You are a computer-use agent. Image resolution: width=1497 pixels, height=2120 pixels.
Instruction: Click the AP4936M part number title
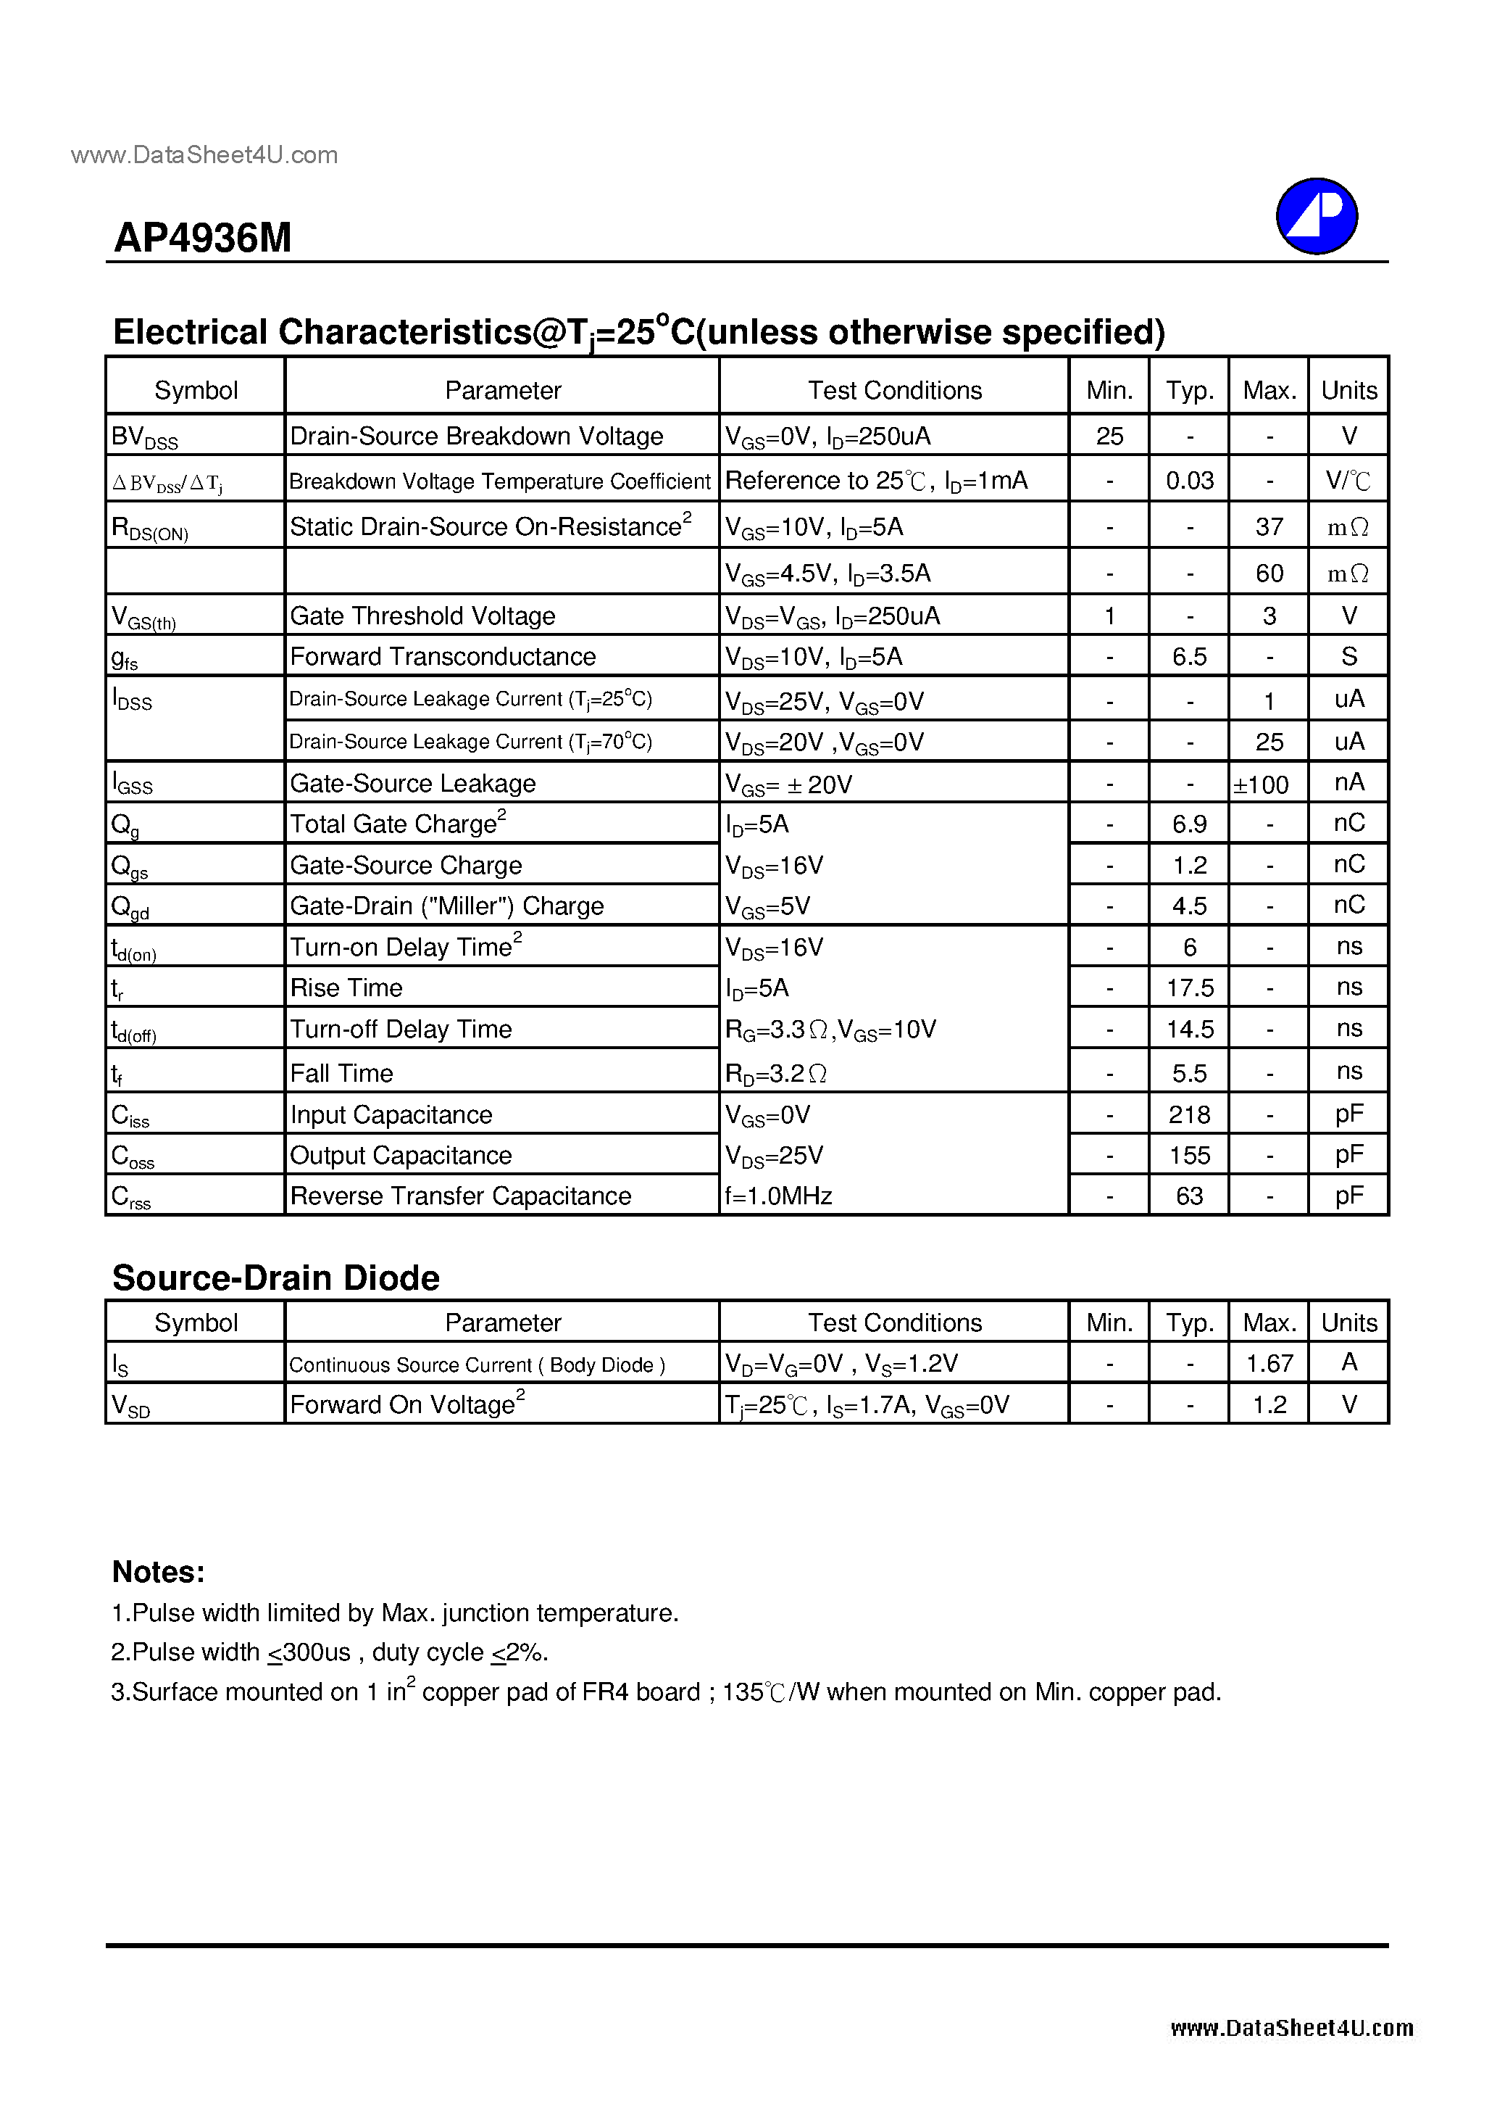[x=202, y=239]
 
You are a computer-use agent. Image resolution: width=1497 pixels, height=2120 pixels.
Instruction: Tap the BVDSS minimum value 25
[x=1109, y=436]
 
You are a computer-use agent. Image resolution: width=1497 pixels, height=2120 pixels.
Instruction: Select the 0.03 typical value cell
[x=1190, y=480]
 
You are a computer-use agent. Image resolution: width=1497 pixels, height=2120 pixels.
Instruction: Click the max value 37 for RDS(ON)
[x=1269, y=526]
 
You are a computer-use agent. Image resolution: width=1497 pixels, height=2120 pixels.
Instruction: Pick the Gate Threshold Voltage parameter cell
[x=422, y=616]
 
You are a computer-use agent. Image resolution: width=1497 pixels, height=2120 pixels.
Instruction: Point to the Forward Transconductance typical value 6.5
[x=1190, y=656]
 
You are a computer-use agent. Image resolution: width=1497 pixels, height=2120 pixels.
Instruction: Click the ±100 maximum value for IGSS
[x=1262, y=784]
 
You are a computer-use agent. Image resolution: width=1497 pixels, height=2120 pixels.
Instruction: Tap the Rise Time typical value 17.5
[x=1190, y=988]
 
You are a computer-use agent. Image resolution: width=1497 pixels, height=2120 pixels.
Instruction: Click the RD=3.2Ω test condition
[x=776, y=1073]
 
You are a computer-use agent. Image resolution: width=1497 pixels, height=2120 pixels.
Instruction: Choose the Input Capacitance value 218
[x=1190, y=1114]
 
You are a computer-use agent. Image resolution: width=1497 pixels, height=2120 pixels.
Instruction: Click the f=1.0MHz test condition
[x=779, y=1196]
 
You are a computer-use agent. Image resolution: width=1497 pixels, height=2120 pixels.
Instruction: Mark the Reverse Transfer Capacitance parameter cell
[x=461, y=1196]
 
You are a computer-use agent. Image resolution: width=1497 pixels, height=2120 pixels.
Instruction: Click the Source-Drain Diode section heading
[x=276, y=1278]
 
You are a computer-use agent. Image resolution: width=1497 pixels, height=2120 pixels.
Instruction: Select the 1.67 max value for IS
[x=1269, y=1364]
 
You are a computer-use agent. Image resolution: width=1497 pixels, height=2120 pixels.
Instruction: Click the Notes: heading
[x=158, y=1572]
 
